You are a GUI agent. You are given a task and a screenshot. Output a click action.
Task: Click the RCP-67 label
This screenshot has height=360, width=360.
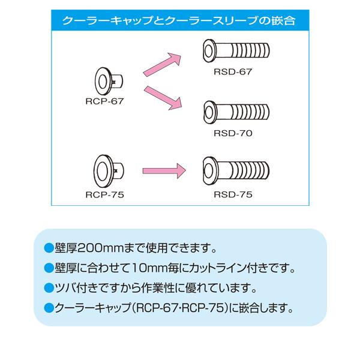point(104,101)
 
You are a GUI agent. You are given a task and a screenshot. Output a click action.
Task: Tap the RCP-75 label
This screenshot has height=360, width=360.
point(104,194)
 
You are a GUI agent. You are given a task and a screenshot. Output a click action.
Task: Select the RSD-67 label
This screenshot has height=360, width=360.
point(233,71)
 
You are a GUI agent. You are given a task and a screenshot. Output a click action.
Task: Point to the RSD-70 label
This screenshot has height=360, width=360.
point(233,133)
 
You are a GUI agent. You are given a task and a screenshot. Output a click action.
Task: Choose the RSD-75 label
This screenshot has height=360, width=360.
point(233,194)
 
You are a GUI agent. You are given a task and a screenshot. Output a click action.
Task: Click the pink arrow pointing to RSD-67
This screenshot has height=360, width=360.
point(162,65)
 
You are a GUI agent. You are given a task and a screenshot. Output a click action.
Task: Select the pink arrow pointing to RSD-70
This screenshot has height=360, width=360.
point(163,98)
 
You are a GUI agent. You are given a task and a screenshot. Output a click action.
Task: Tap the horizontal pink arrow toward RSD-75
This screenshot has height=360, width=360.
point(164,171)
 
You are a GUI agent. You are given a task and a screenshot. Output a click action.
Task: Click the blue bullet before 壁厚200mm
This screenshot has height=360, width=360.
point(49,248)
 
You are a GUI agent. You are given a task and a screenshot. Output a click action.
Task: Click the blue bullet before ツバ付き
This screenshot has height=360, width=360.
point(49,288)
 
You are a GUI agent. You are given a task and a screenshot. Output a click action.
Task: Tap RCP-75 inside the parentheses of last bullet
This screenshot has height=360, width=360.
point(204,308)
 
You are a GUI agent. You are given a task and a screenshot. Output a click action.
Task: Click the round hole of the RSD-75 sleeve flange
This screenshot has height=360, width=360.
point(208,171)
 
